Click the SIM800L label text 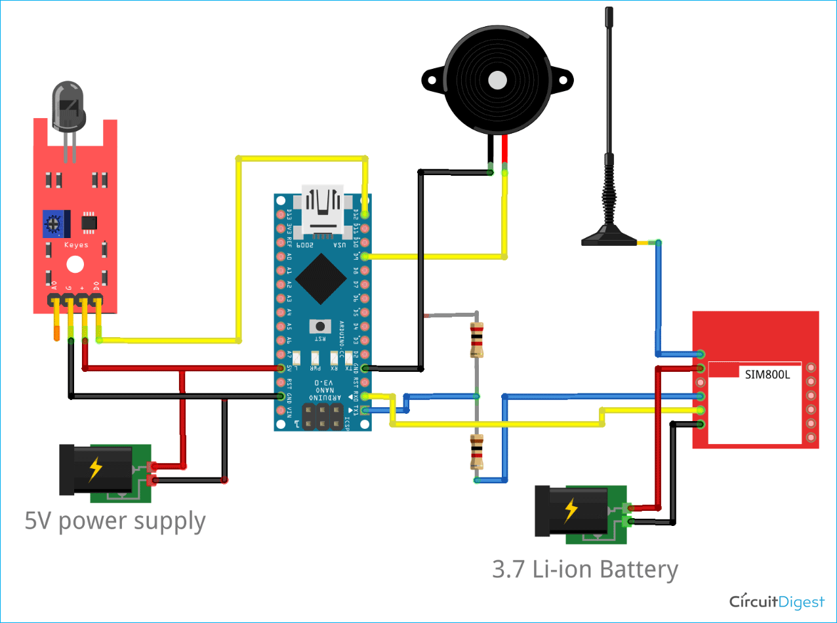[768, 374]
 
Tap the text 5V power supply [115, 522]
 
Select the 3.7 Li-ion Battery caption [584, 569]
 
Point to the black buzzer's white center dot [497, 81]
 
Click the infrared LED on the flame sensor [69, 105]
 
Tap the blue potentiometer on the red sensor [56, 224]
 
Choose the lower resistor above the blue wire [477, 452]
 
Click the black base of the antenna [608, 237]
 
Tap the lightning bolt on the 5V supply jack [96, 468]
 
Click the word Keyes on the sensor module [75, 245]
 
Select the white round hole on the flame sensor [75, 264]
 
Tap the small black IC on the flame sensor [89, 223]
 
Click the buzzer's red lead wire [504, 152]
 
